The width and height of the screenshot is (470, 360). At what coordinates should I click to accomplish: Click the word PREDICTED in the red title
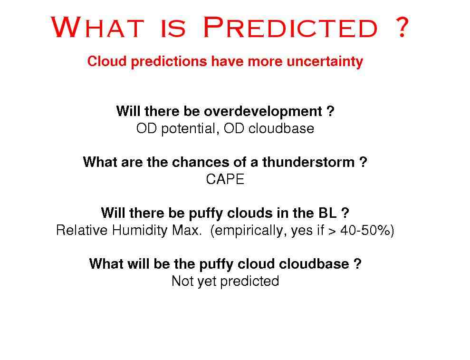[x=290, y=27]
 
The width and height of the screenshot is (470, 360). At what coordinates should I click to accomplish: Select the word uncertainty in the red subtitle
[x=325, y=61]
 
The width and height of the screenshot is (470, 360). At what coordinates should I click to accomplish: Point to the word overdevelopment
[x=263, y=111]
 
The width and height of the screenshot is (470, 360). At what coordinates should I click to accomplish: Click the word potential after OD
[x=188, y=129]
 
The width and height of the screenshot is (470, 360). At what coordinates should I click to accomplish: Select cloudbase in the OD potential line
[x=281, y=128]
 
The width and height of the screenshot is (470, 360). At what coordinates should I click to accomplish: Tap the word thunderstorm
[x=308, y=162]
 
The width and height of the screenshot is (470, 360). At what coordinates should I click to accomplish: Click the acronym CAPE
[x=225, y=179]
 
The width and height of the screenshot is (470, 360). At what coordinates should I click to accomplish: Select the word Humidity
[x=139, y=230]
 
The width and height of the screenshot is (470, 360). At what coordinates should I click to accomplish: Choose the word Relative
[x=82, y=230]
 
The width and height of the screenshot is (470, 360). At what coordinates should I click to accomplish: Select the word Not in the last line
[x=182, y=282]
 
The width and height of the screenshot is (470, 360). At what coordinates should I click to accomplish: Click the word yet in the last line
[x=207, y=282]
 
